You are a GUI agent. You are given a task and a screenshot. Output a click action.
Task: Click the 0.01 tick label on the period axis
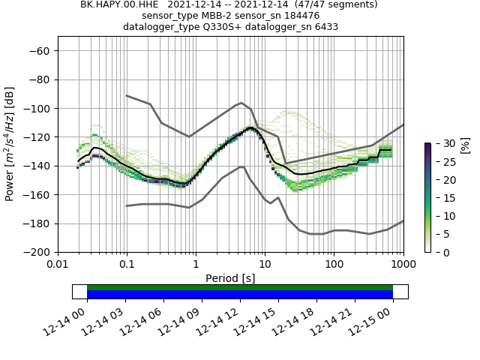pos(58,264)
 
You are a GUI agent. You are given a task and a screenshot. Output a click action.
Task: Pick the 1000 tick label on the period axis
pos(403,264)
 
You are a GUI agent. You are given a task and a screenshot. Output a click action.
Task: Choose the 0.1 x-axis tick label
pos(127,264)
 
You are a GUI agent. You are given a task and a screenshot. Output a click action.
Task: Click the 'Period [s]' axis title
pos(230,277)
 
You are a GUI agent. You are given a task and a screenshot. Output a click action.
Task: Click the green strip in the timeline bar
pos(240,287)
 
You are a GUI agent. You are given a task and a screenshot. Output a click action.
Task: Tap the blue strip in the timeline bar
pos(240,295)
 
